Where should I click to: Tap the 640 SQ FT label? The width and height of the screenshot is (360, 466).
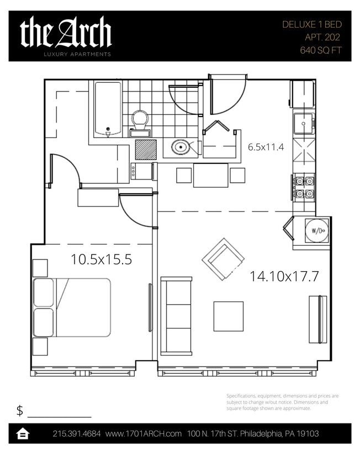pos(320,50)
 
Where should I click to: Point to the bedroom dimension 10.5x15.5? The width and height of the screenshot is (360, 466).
pos(101,260)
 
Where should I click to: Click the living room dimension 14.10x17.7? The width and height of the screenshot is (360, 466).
pos(284,276)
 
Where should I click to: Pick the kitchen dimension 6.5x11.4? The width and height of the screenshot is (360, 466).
pos(266,147)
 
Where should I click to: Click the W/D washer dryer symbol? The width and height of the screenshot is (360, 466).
pos(317,231)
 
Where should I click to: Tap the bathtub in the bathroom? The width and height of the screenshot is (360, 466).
pos(108,109)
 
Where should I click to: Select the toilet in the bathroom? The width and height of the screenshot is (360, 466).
pos(140,122)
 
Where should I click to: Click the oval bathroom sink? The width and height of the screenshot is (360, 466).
pos(181,147)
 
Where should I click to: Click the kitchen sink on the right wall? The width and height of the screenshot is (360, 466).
pos(303,124)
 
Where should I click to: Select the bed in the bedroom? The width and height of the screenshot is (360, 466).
pos(72,308)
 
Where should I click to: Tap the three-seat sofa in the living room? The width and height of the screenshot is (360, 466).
pos(176,315)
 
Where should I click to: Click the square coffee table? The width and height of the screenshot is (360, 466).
pos(228,316)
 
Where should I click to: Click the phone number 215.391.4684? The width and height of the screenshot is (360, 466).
pos(77,434)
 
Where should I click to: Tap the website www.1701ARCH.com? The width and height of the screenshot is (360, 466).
pos(144,434)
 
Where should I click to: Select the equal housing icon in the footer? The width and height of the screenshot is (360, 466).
pos(23,434)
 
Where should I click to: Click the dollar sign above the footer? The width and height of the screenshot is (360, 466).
pos(20,410)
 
